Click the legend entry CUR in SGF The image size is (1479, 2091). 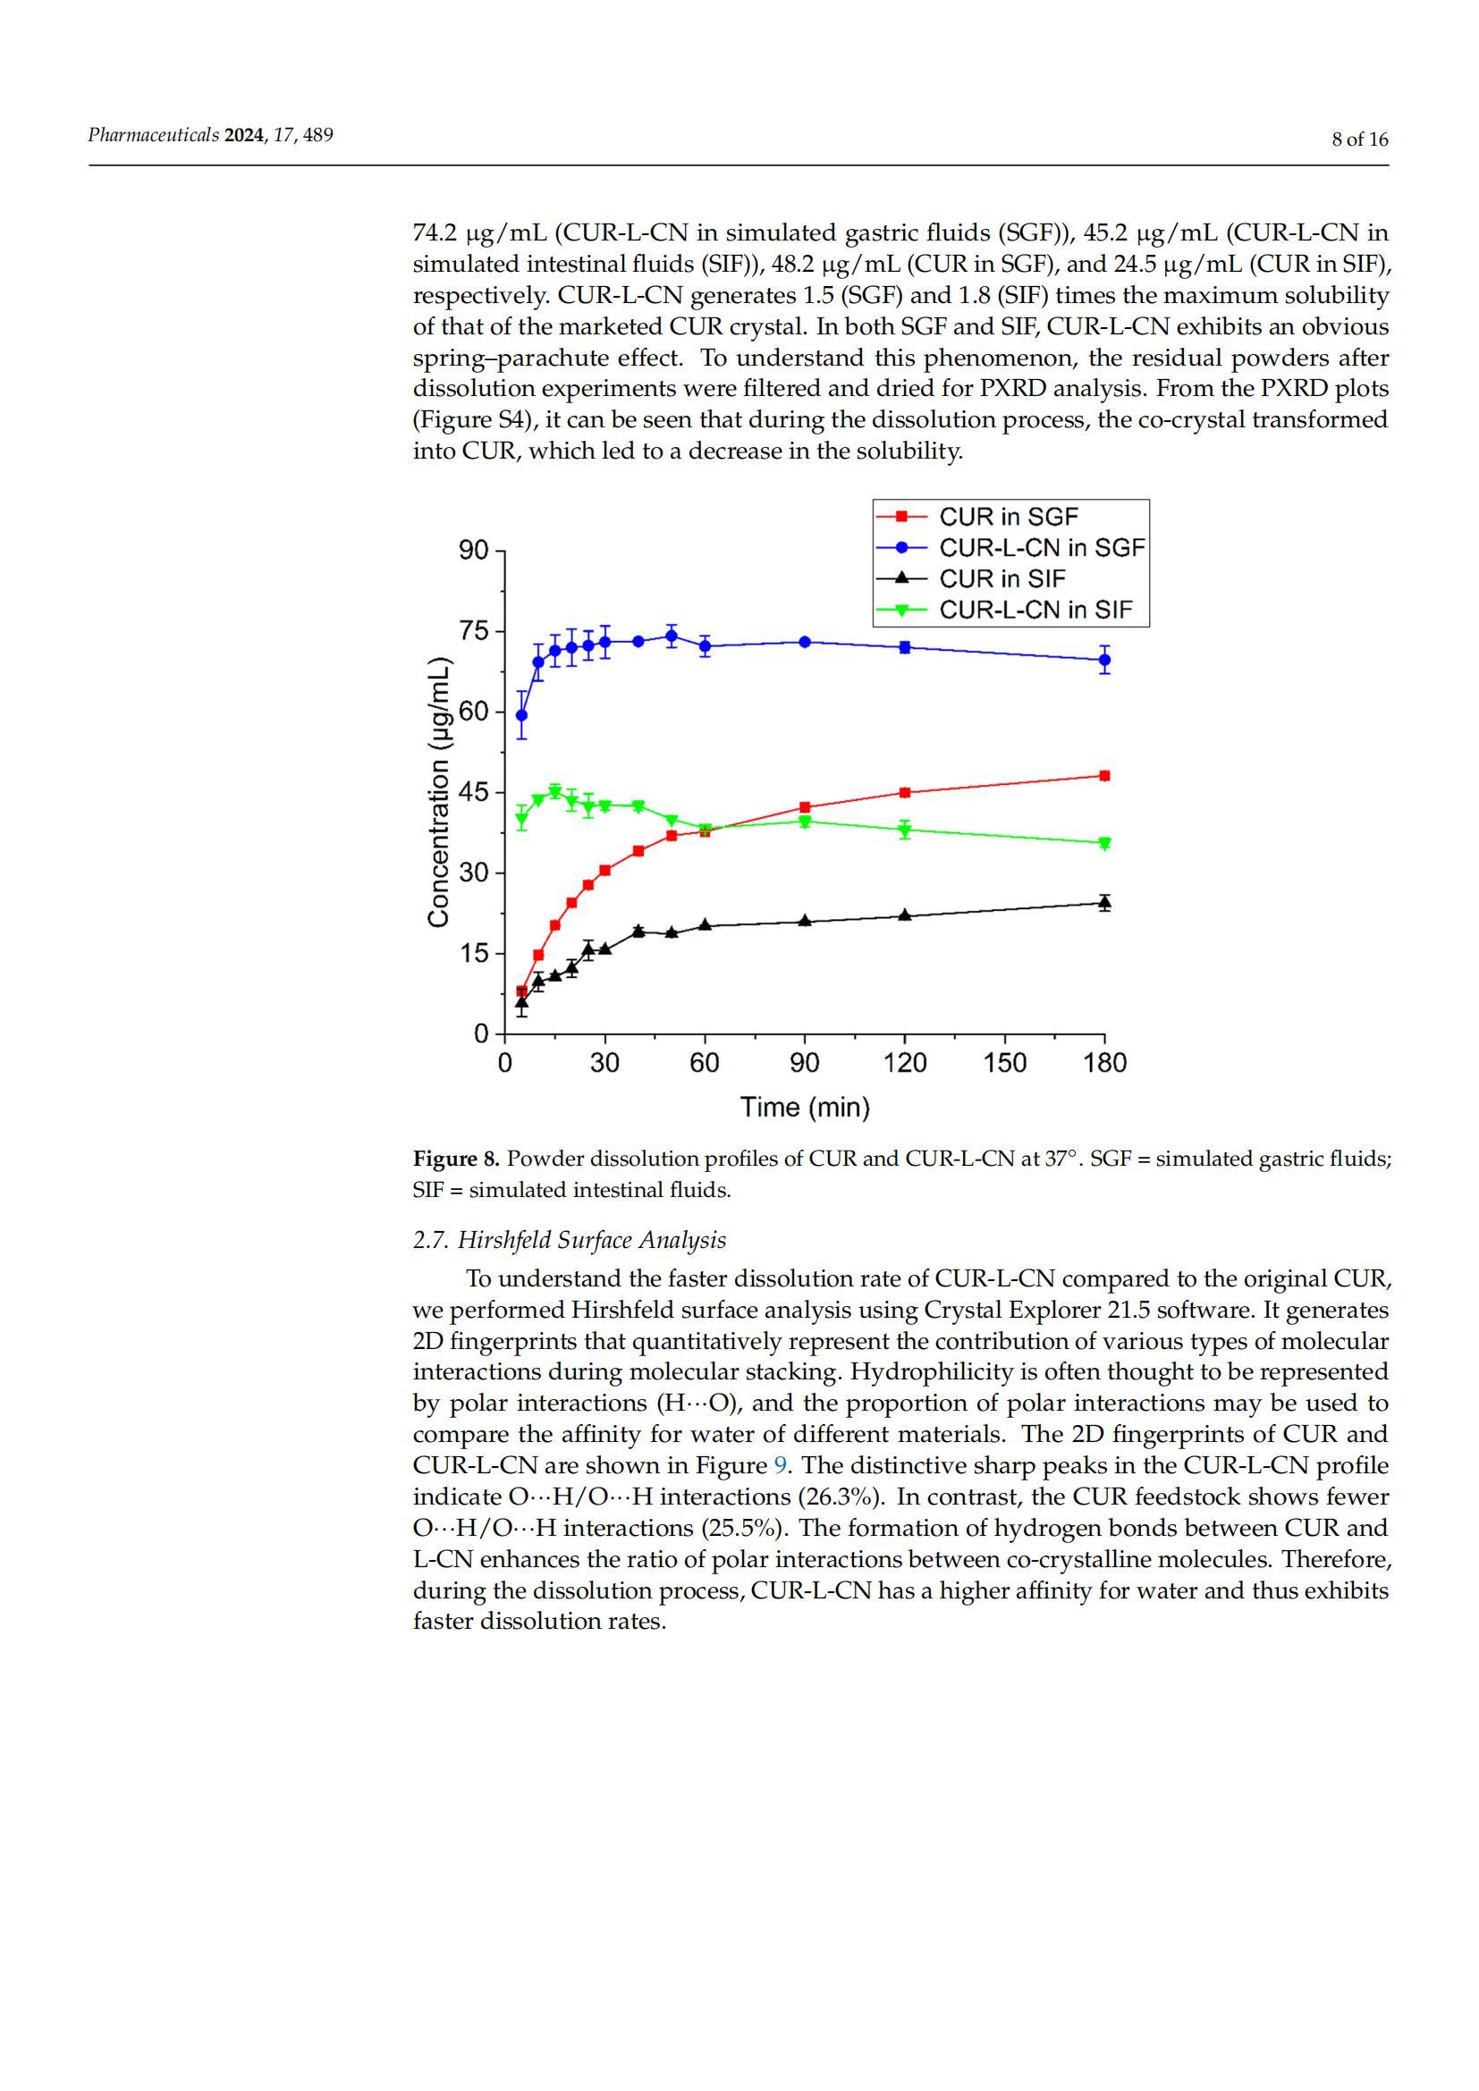tap(1008, 518)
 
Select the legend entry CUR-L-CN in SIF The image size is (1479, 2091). tap(1035, 611)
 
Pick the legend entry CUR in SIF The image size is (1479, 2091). tap(1001, 579)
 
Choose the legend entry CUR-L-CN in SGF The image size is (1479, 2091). tap(1042, 548)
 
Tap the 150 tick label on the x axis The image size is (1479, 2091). tap(1004, 1064)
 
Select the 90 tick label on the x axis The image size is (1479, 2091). tap(804, 1064)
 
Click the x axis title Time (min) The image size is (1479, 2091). tap(805, 1108)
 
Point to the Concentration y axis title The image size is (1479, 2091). tap(439, 791)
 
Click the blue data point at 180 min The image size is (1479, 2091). tap(1104, 660)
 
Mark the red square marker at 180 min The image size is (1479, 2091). tap(1104, 776)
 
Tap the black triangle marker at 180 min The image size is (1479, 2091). tap(1104, 903)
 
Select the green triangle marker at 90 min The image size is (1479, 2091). tap(805, 822)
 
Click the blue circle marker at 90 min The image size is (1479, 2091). tap(805, 642)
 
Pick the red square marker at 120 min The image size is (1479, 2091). tap(905, 792)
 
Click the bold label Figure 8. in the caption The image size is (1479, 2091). tap(456, 1159)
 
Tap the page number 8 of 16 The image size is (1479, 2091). tap(1360, 139)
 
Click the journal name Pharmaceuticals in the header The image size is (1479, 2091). tap(153, 136)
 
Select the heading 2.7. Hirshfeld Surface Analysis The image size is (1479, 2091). tap(570, 1241)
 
